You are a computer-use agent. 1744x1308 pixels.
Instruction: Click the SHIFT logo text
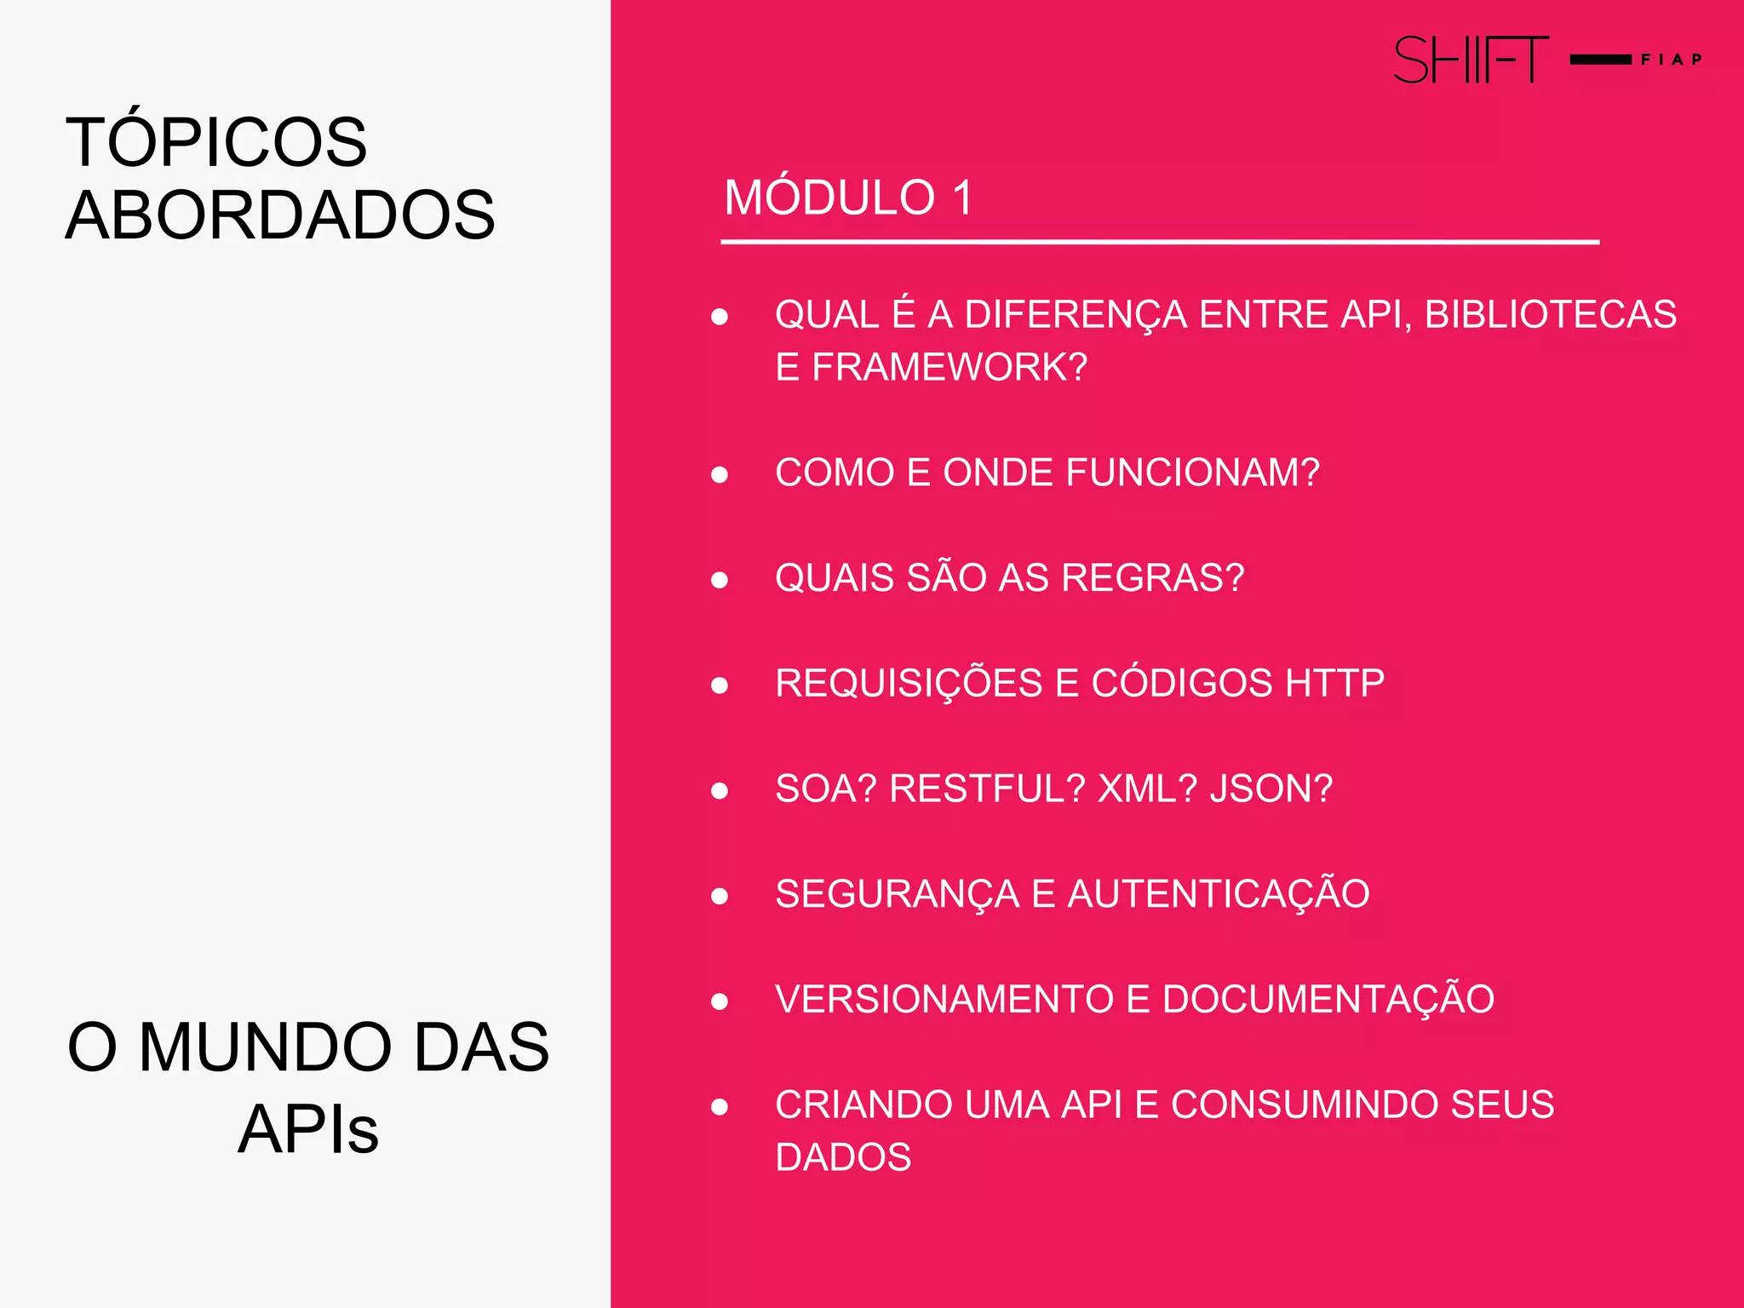click(1471, 60)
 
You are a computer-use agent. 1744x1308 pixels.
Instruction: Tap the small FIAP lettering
click(1671, 60)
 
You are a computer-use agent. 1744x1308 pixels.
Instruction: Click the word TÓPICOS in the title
click(216, 141)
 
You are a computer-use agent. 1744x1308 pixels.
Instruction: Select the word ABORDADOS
click(280, 215)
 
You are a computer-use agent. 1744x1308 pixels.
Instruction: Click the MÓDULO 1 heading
click(848, 198)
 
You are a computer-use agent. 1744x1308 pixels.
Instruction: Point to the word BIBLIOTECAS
click(1550, 314)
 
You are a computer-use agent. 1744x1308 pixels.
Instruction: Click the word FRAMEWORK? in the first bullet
click(949, 367)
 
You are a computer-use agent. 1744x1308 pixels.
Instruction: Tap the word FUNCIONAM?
click(1192, 473)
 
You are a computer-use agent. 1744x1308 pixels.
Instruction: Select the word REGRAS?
click(1153, 578)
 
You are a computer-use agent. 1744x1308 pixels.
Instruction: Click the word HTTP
click(1334, 683)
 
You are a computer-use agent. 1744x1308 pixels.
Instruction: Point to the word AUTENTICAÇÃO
click(1219, 894)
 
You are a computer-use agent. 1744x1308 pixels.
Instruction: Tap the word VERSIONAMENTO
click(944, 1000)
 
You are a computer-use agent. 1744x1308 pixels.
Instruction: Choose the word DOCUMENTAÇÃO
click(1328, 1000)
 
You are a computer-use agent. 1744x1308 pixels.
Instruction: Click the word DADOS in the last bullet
click(843, 1157)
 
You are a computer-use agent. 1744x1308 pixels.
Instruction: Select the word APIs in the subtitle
click(308, 1129)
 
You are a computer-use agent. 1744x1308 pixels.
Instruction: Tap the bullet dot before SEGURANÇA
click(720, 896)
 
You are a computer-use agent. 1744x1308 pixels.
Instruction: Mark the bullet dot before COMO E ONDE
click(720, 474)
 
